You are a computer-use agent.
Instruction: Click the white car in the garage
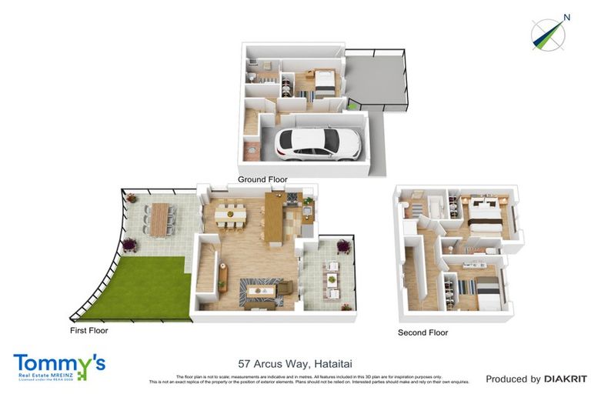[312, 142]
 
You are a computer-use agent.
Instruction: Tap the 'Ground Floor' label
[262, 179]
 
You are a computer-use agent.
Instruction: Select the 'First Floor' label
[87, 331]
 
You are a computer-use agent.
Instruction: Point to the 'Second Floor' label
[422, 332]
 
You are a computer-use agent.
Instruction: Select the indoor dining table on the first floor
[231, 213]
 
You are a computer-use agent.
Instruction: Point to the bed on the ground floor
[321, 81]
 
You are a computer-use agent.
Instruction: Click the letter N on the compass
[566, 17]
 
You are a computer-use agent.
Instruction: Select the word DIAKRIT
[565, 379]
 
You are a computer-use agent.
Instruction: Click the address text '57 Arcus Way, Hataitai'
[295, 363]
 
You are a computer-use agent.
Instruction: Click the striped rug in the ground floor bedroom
[302, 95]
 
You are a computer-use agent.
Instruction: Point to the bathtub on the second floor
[432, 206]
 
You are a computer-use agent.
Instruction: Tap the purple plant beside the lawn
[129, 245]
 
